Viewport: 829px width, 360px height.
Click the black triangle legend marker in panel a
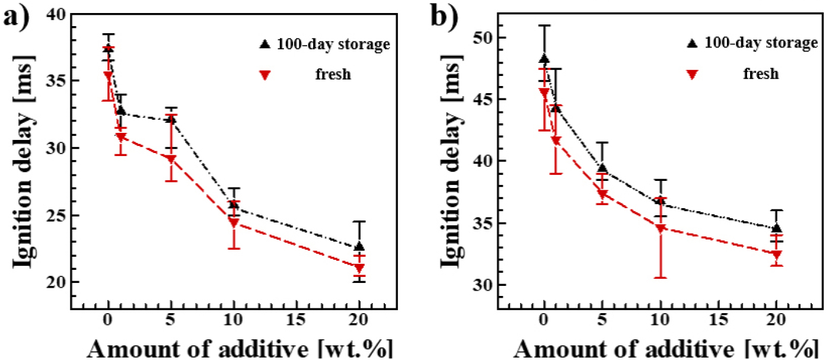[x=266, y=44]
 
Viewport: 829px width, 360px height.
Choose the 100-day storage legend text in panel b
[x=761, y=43]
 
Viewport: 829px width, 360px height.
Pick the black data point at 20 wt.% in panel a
[x=359, y=247]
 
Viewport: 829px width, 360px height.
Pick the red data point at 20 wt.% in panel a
[x=359, y=268]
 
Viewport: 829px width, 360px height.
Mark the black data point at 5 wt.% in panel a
[x=171, y=119]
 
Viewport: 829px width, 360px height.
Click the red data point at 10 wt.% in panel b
[x=661, y=229]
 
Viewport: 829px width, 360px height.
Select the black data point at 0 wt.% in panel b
[x=544, y=59]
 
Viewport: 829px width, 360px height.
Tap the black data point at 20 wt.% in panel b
[x=777, y=228]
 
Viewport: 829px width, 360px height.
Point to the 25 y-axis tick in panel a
[x=56, y=215]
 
